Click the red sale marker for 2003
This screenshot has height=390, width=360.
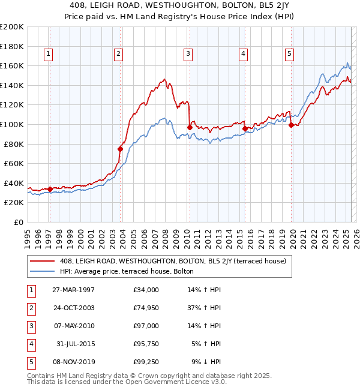coord(120,149)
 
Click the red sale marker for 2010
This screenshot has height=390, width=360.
coord(190,127)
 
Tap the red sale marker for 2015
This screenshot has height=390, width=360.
coord(245,128)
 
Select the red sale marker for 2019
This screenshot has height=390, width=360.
coord(291,125)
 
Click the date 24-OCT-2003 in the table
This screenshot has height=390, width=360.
coord(73,308)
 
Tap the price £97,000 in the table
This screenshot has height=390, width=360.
coord(146,326)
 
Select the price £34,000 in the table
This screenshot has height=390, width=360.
coord(146,290)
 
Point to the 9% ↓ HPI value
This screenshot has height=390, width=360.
coord(206,362)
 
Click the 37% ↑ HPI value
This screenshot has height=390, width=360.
coord(205,308)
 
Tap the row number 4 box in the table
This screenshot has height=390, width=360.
coord(29,344)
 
